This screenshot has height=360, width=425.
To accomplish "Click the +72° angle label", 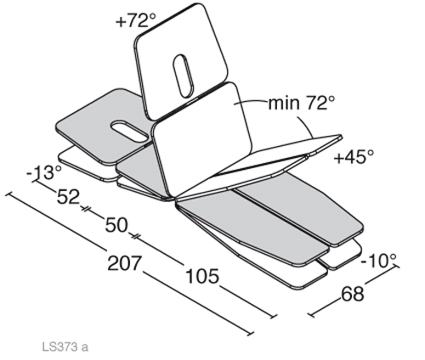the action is [136, 20].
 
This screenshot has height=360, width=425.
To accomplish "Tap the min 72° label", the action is [302, 103].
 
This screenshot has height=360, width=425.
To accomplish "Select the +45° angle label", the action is [354, 157].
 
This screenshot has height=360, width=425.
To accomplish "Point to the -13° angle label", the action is [44, 172].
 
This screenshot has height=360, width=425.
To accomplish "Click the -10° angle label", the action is [378, 261].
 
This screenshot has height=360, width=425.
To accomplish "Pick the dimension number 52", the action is [68, 196].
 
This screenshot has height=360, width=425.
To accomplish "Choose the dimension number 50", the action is [116, 225].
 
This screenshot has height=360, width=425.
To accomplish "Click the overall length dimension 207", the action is [124, 263].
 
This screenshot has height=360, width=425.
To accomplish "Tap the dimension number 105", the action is [202, 276].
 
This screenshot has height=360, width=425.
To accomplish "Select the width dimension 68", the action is [353, 294].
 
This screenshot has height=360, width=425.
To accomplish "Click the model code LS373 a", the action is [65, 346].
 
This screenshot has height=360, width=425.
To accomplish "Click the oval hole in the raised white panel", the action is [184, 76].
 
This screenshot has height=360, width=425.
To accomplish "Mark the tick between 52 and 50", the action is [86, 209].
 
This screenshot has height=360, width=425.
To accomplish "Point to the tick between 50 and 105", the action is [135, 236].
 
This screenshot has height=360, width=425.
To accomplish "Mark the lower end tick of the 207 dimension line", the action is [251, 334].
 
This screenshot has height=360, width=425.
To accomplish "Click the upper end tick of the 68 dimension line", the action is [396, 267].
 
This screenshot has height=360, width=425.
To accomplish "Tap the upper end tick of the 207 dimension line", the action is [8, 194].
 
